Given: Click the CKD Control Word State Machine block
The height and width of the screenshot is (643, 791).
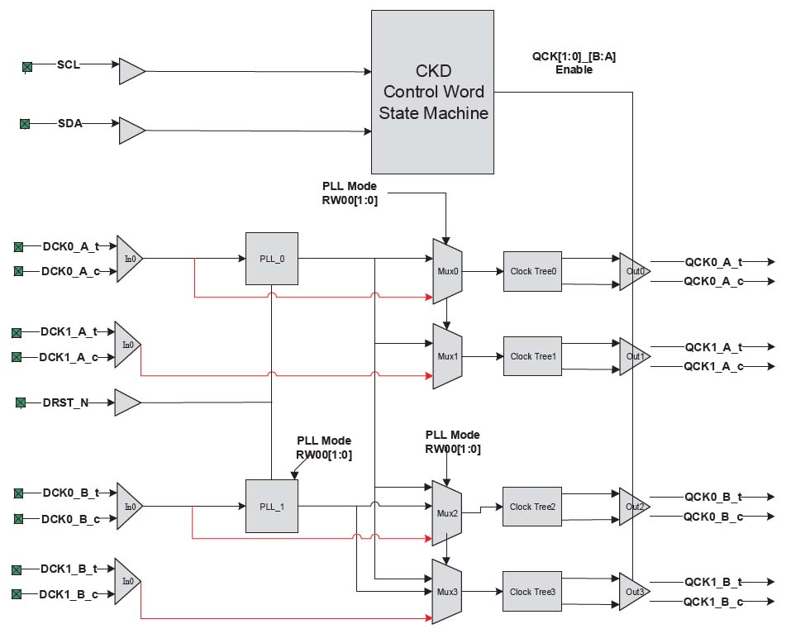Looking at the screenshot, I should (432, 92).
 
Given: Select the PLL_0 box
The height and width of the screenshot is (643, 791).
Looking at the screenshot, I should (271, 259).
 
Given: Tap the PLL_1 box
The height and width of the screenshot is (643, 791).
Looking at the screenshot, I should (271, 506).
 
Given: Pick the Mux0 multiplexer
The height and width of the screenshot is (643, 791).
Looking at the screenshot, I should (446, 271).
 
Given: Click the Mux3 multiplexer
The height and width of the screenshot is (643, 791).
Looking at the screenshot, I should (446, 592).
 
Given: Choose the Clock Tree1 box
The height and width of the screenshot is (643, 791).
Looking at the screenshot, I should (532, 356).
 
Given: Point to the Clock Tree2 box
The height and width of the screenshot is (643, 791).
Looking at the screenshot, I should (532, 507).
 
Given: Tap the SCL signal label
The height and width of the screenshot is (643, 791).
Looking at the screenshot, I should (69, 64).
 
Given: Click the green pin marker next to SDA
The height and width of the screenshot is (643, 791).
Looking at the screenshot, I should (25, 124).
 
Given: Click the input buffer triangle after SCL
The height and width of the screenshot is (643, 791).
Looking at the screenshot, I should (131, 71).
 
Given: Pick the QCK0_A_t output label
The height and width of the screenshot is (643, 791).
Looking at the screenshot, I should (713, 261).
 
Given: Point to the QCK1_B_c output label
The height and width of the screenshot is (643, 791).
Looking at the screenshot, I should (713, 602).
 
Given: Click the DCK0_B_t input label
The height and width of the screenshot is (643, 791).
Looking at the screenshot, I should (70, 493).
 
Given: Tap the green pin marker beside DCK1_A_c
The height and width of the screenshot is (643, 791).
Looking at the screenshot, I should (16, 357).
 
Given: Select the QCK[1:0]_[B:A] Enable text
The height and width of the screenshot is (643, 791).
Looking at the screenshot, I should (574, 64).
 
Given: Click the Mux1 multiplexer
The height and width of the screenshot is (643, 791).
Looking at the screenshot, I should (446, 356).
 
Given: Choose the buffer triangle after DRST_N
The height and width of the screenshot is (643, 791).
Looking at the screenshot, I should (126, 402).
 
